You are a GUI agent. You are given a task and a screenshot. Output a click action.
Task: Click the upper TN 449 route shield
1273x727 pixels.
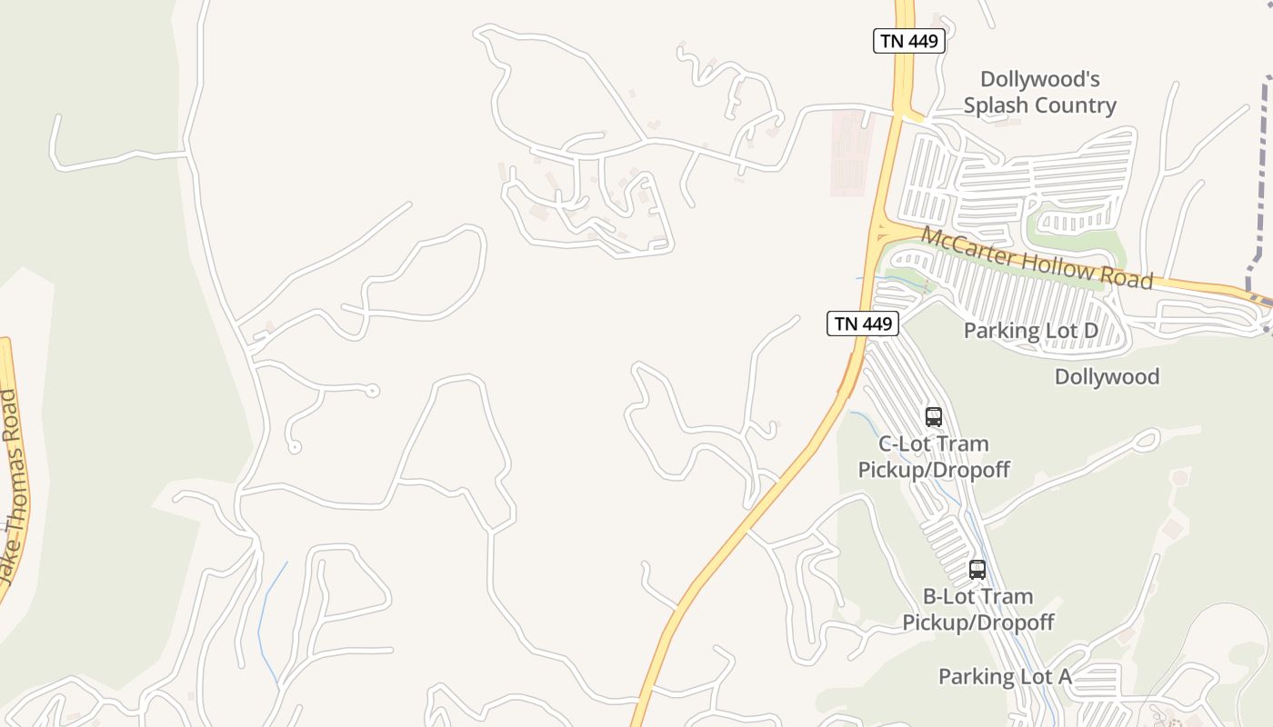point(909,41)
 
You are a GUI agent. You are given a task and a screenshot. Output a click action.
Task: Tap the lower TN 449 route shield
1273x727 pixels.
point(862,323)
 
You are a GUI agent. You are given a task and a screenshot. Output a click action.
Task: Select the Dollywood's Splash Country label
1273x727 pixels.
point(1039,93)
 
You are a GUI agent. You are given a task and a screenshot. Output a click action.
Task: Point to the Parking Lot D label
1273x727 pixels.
point(1030,331)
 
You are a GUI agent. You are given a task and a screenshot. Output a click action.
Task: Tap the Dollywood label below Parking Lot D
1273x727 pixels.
point(1107,376)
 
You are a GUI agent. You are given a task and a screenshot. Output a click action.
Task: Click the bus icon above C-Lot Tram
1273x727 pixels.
point(933,417)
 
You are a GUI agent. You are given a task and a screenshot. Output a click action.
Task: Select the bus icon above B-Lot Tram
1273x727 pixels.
point(977,570)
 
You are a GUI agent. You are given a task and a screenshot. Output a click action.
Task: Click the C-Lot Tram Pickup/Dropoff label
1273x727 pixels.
point(934,457)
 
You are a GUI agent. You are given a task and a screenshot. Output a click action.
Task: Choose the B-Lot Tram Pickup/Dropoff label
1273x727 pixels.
point(977,610)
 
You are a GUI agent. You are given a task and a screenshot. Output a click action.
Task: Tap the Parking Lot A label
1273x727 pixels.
point(1005,677)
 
